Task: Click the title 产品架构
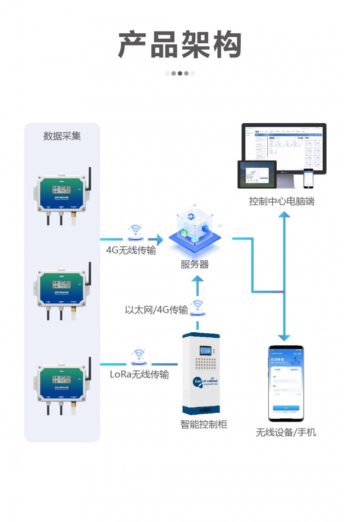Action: point(180,45)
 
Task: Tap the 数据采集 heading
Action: point(62,136)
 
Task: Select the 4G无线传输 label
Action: point(131,251)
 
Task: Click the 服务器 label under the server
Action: point(195,264)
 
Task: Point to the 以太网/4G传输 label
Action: point(156,310)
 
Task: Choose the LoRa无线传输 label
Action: point(139,375)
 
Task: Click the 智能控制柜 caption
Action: point(204,424)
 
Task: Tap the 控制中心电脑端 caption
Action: point(282,201)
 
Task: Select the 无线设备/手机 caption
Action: point(286,433)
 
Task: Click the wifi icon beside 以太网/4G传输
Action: point(197,308)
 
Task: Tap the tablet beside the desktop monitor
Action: point(257,175)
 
